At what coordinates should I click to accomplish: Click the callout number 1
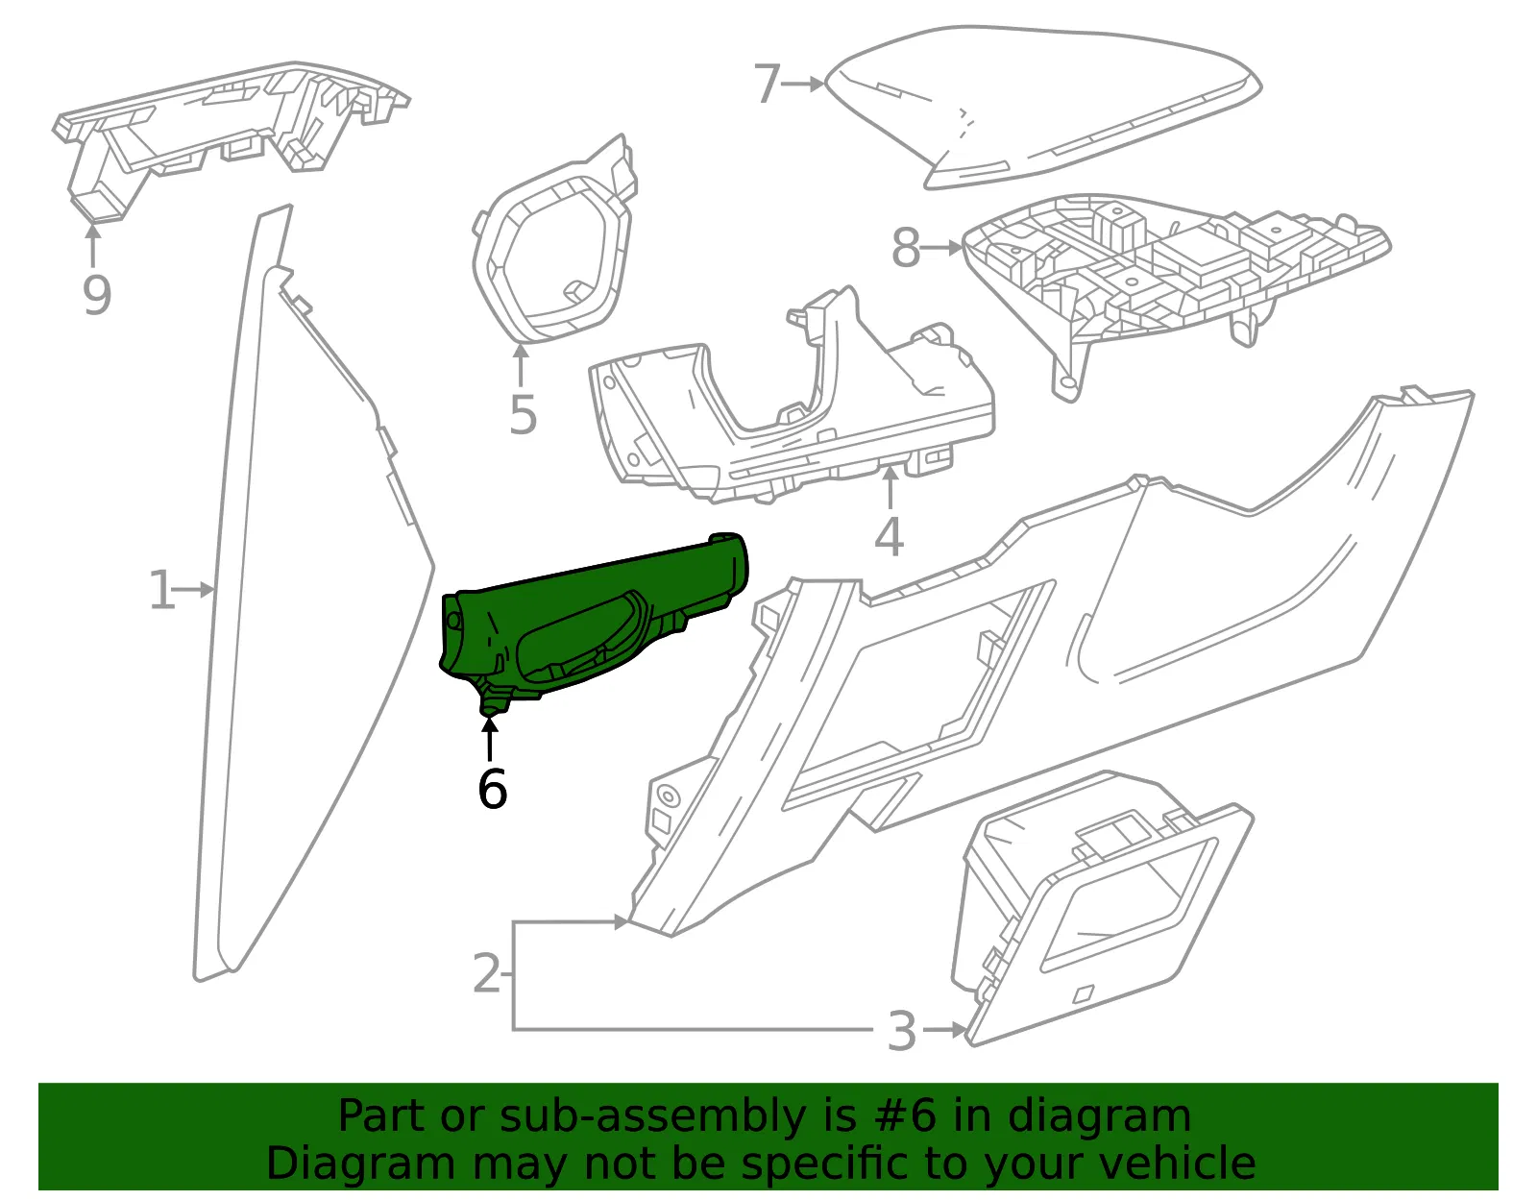point(161,590)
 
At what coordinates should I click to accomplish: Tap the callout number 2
point(487,973)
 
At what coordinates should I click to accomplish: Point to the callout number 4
point(890,537)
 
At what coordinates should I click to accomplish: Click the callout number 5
point(524,415)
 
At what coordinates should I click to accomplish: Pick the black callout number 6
point(492,789)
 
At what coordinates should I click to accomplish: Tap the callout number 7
point(768,84)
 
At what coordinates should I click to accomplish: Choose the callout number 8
point(906,248)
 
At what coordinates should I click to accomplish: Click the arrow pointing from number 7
point(803,84)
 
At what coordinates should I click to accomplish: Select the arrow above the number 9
point(92,245)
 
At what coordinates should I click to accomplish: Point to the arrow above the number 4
point(890,488)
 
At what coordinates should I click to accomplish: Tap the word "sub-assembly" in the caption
point(653,1115)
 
